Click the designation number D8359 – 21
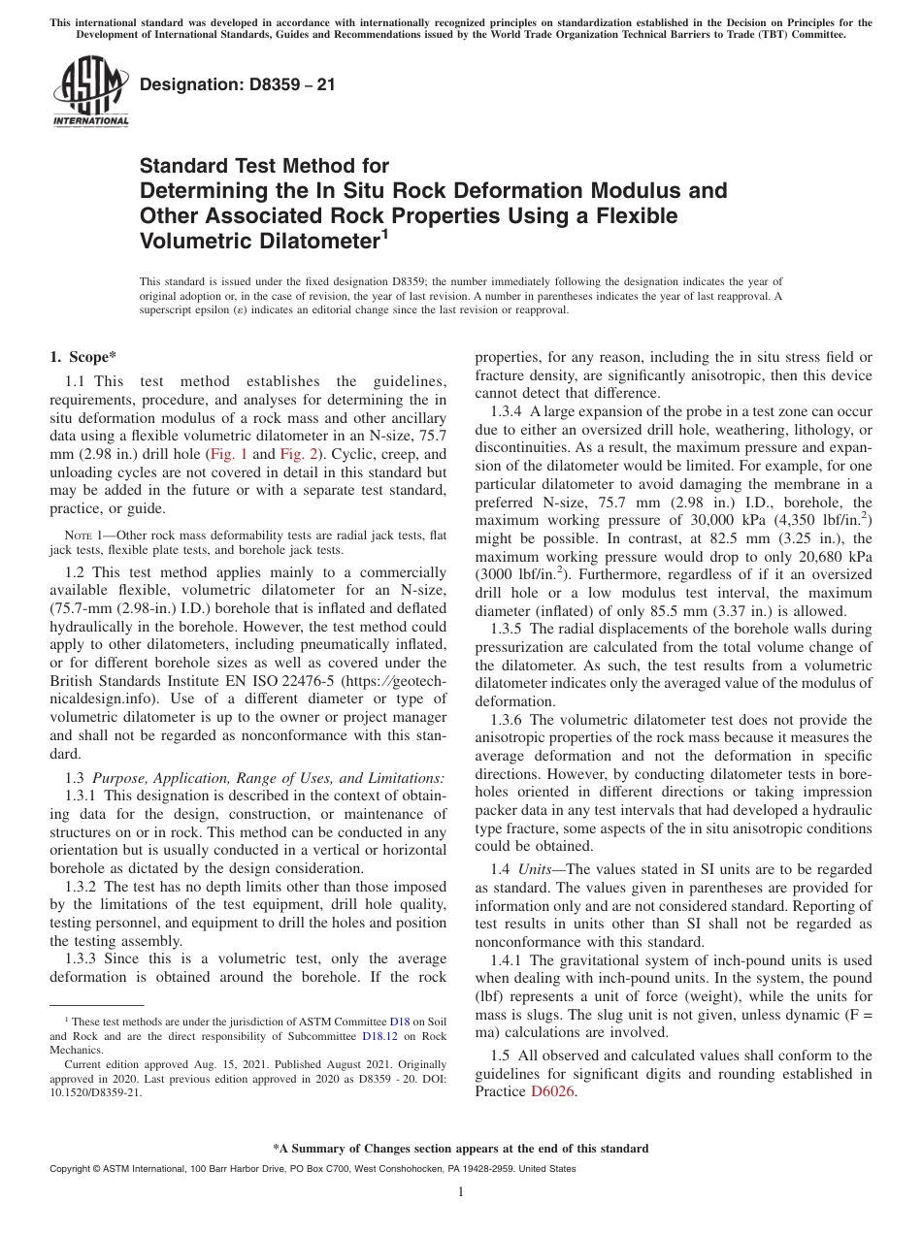[x=238, y=85]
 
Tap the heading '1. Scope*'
[x=84, y=356]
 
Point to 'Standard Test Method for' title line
[x=264, y=166]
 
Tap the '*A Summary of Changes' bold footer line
[x=460, y=1149]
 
